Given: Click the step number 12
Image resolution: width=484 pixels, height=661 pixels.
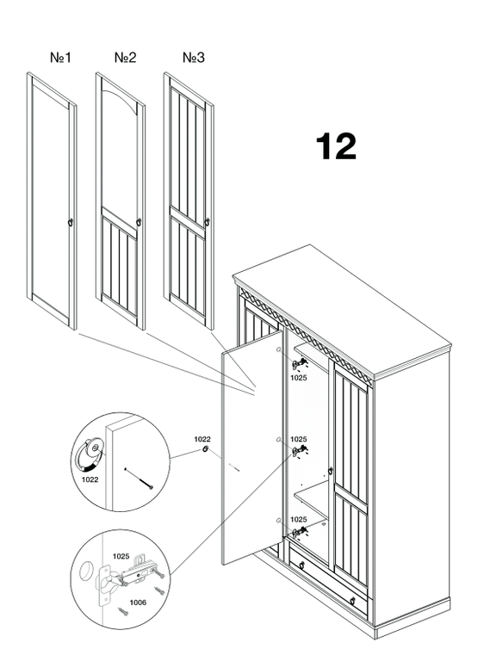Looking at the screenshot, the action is coord(336,146).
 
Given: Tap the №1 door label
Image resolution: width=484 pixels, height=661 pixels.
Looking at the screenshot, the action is coord(61,58).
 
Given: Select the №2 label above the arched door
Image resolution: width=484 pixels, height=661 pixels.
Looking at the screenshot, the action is coord(126,58).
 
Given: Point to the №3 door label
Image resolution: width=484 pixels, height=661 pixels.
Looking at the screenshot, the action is coord(194,58).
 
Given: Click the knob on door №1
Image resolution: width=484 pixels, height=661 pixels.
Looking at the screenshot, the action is coord(71,222).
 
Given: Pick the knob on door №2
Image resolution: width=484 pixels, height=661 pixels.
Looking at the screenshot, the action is coord(139,222).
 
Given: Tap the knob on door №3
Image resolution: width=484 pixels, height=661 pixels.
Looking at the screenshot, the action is coord(207,222).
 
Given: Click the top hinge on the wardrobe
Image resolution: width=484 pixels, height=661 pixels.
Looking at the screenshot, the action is coord(300,364).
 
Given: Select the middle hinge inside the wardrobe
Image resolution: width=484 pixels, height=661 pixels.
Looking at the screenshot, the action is coord(300,451).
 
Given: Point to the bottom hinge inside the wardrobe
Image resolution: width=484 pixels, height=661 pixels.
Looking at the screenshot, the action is coord(300,531).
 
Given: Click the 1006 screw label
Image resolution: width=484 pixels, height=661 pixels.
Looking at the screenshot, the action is coord(138,602).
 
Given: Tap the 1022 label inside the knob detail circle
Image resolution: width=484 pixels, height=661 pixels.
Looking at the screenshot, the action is coord(90,479).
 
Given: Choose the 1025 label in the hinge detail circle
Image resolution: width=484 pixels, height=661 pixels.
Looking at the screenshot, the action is coord(121,557).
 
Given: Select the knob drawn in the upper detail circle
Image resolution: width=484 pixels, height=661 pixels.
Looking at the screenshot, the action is coord(90,454).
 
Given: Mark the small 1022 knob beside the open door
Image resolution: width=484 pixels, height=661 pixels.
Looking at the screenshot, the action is coord(205,448).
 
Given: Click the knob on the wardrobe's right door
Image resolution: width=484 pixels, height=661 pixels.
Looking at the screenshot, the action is coord(331,471).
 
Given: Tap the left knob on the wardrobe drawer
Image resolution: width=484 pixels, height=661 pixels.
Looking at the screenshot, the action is coord(301,565).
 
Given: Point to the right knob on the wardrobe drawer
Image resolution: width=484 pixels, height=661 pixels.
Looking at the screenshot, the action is coord(353,601).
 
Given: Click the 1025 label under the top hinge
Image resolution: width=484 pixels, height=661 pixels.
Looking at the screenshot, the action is coord(298,378).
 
